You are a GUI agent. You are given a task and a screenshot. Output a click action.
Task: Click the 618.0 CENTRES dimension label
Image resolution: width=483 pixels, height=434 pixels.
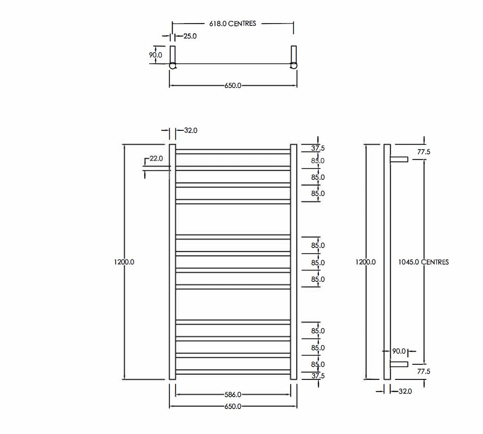pos(233,24)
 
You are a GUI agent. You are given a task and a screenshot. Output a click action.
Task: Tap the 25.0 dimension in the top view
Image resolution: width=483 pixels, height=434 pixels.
pos(190,36)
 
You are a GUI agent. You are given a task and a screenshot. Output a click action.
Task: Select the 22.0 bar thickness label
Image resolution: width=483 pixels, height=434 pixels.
pos(156,159)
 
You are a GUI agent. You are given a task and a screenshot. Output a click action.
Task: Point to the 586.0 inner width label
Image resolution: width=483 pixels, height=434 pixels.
pos(233,394)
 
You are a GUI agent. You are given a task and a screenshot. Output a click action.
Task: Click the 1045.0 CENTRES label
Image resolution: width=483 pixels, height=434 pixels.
pos(424,262)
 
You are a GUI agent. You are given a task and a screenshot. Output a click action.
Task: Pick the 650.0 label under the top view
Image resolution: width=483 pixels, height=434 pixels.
pos(233,86)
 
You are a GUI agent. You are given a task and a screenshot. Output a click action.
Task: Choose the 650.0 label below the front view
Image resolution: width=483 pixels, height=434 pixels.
pos(233,406)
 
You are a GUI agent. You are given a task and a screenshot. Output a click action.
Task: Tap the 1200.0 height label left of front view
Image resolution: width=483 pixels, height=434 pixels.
pos(124,262)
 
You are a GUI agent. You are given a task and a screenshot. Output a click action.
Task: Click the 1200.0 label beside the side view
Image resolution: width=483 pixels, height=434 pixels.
pos(366,262)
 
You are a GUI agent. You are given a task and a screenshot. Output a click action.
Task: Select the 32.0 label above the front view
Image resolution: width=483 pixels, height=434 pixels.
pos(191,130)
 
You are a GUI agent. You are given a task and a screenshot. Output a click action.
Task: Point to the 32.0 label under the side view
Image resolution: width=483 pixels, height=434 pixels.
pos(405,391)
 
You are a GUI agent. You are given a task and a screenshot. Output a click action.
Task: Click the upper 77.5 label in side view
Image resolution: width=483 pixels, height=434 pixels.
pos(424,152)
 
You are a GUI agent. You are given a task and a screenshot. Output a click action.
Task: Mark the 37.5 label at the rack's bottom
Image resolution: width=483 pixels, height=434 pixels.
pos(318,376)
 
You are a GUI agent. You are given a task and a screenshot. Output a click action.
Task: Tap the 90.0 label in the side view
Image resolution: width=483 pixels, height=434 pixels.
pos(399,351)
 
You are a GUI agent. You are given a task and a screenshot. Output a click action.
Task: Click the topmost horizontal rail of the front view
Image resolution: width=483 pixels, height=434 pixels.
pos(233,152)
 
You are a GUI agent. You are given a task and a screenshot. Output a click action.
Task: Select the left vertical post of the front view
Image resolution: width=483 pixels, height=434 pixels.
pos(173,262)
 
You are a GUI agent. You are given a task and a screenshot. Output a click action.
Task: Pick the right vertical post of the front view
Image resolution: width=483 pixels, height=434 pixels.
pos(293,262)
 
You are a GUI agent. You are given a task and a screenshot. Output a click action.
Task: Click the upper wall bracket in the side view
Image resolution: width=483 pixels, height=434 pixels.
pos(399,159)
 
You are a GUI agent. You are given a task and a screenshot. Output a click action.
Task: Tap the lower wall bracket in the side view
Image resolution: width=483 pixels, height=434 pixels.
pos(399,364)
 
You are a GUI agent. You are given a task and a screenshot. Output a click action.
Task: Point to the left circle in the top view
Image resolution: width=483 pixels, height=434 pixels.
pos(173,65)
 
